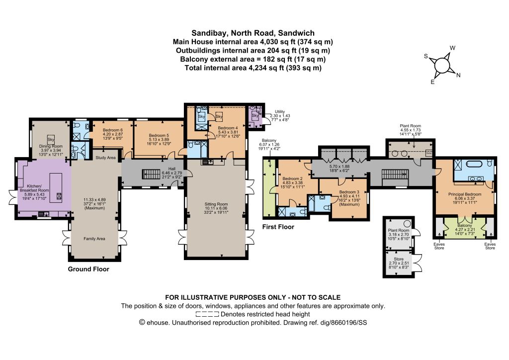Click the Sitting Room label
point(216,204)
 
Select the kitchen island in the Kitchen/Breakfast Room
point(56,188)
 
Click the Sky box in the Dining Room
point(51,140)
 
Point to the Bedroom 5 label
point(159,135)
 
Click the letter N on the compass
point(458,75)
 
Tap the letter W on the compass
point(452,48)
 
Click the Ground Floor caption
point(88,269)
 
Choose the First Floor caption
point(278,227)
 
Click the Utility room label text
point(280,112)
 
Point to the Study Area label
point(105,158)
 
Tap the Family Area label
point(94,239)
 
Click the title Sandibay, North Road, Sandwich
point(253,33)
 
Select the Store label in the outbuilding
point(399,259)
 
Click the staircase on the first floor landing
point(394,174)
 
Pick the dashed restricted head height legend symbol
point(207,314)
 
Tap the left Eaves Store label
point(439,246)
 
